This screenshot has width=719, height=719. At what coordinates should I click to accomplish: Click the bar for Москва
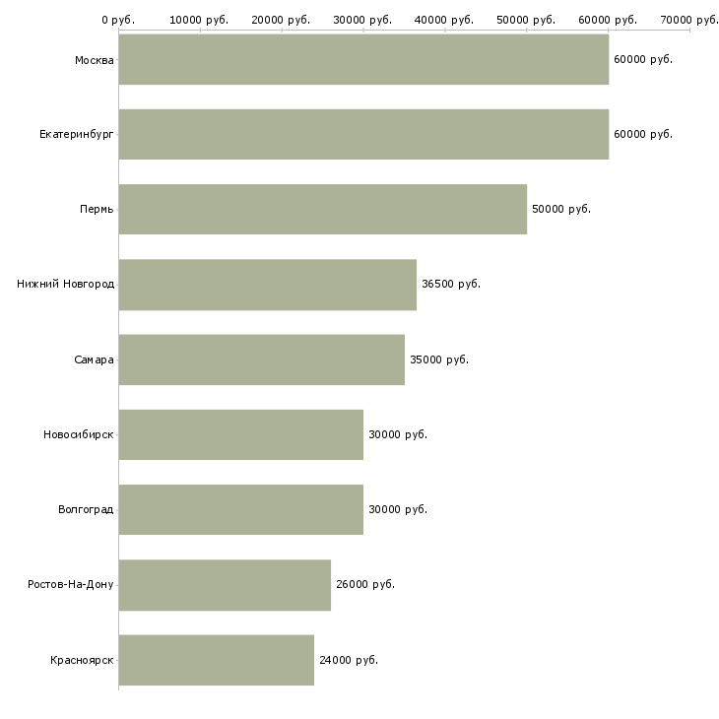coord(363,59)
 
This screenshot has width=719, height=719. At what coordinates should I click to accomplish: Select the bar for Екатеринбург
coord(363,134)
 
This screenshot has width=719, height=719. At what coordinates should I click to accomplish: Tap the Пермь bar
coord(323,209)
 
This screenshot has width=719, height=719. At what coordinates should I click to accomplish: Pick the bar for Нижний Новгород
coord(267,284)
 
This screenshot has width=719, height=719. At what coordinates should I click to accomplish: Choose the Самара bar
coord(261,359)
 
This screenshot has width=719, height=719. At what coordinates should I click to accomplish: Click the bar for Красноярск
coord(217,660)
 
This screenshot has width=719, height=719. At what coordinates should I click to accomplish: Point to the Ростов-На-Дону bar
coord(225,585)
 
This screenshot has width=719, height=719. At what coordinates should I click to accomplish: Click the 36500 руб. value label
coord(451,284)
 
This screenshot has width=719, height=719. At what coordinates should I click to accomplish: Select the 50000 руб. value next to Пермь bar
coord(561,209)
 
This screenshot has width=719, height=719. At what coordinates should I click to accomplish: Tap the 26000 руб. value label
coord(365,585)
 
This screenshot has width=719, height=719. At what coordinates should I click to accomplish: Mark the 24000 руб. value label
coord(349,660)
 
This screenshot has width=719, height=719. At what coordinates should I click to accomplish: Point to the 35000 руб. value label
coord(439,359)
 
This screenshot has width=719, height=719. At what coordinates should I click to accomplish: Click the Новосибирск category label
coord(79,434)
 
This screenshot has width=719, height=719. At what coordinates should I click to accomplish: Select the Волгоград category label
coord(86,509)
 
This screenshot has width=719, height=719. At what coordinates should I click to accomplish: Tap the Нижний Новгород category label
coord(65,284)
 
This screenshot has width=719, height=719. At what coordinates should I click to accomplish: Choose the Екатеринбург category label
coord(77,134)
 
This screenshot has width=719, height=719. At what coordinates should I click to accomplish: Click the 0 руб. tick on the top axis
coord(118,20)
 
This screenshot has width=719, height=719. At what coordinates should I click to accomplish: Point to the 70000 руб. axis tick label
coord(688,20)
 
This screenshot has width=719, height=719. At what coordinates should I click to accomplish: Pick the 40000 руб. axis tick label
coord(444,20)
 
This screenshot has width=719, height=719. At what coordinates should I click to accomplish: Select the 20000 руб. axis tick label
coord(281,20)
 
